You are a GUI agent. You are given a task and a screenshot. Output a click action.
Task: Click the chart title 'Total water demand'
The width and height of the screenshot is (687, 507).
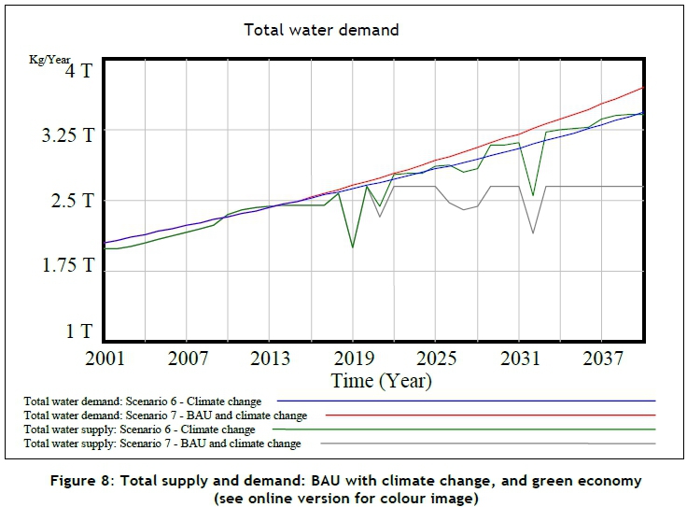pos(321,30)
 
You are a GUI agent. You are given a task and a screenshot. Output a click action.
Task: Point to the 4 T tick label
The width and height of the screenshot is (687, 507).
pos(79,71)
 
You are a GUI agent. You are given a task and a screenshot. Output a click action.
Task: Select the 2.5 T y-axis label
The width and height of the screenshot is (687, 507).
pos(73,201)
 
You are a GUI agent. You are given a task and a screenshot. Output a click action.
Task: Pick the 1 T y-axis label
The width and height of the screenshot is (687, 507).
pos(79,331)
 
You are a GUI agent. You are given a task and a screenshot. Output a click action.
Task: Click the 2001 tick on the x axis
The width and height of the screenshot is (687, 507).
pos(105,359)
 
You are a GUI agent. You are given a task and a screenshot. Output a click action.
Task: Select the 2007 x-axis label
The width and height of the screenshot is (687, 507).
pos(189,359)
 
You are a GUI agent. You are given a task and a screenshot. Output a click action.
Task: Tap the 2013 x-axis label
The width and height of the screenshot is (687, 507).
pos(271,359)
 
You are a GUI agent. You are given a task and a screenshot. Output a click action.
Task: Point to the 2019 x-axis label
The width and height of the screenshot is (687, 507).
pos(353,359)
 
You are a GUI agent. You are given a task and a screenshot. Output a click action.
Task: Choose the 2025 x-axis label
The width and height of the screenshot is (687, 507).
pos(435,359)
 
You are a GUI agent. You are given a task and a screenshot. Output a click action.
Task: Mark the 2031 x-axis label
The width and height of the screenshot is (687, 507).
pos(518,359)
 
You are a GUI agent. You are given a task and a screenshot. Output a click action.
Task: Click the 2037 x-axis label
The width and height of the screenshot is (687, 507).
pos(600,359)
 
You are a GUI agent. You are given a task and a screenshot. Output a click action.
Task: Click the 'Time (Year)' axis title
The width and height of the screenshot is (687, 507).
pos(381,380)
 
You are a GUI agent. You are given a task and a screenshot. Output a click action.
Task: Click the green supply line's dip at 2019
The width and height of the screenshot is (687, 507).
pos(352,247)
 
